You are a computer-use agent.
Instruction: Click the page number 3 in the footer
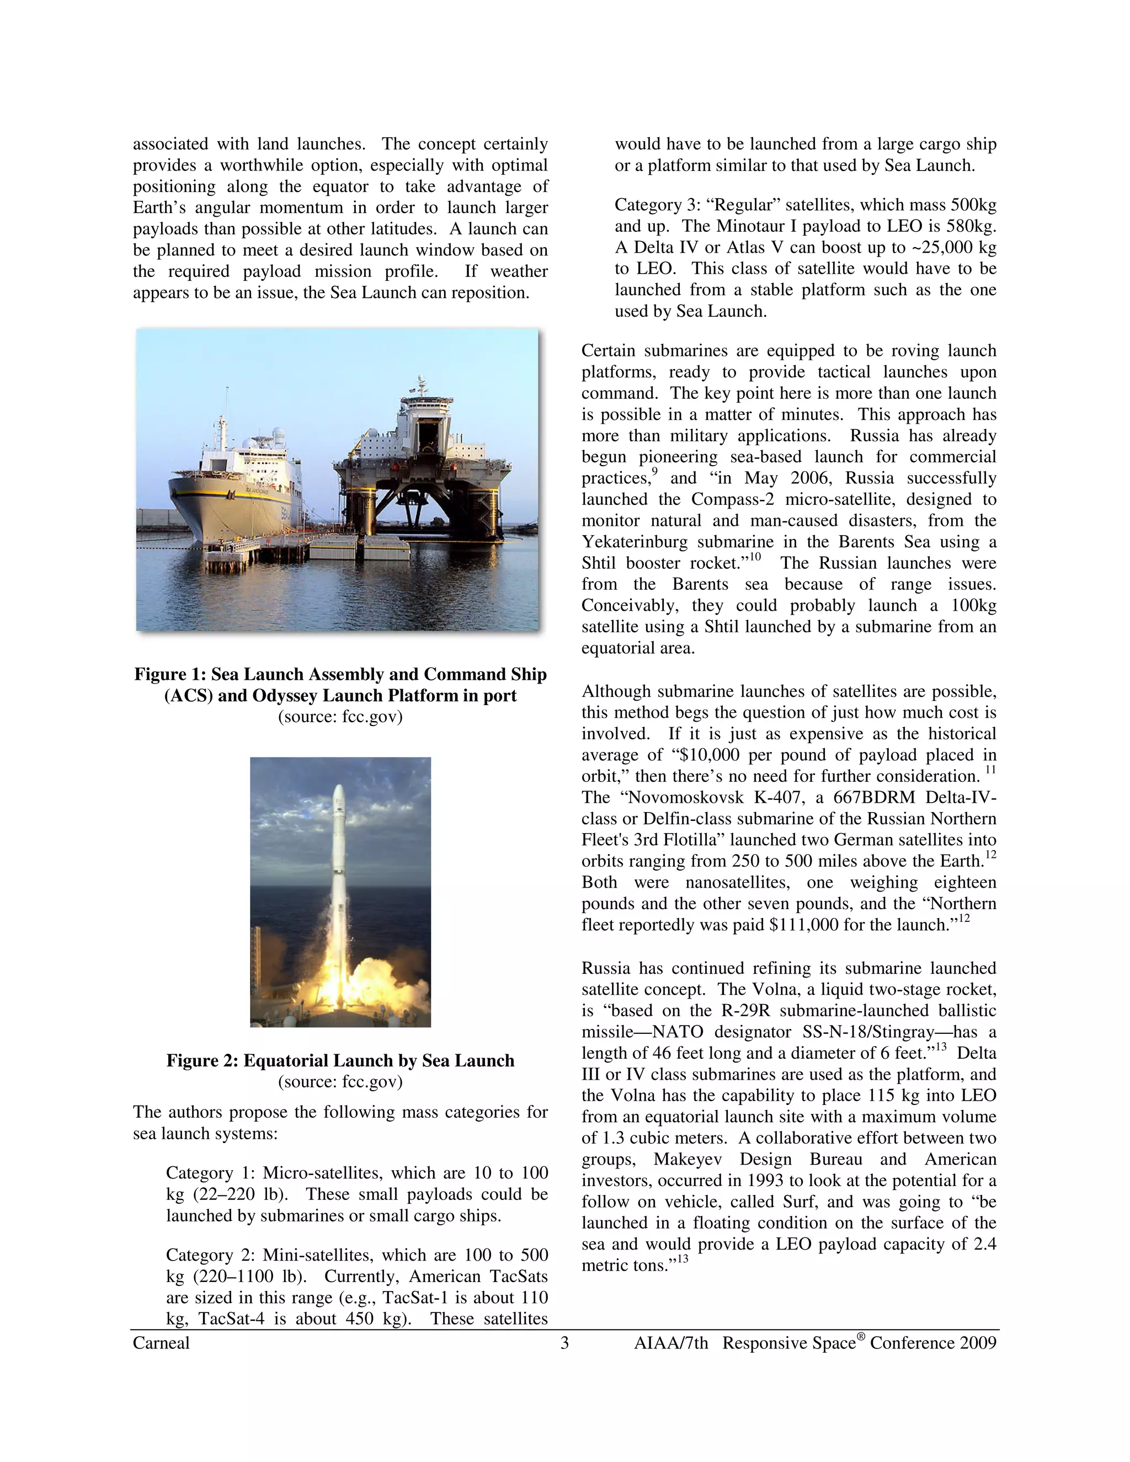pos(564,1343)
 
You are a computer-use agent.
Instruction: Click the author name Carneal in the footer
pos(161,1343)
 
